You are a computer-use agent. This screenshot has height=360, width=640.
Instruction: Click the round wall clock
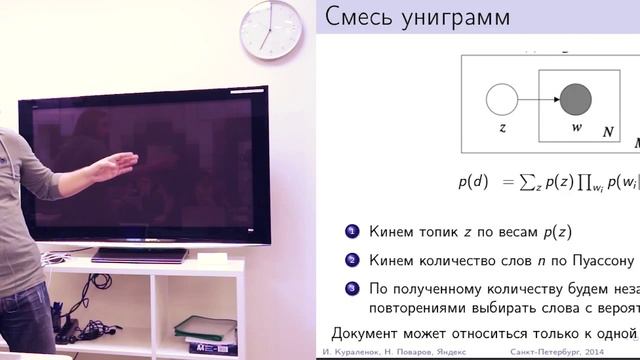(271, 28)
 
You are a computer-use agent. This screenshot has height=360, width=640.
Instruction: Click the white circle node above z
(501, 100)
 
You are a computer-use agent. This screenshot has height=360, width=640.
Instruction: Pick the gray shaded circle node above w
(576, 100)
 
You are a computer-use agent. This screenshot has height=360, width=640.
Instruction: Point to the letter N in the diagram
(607, 132)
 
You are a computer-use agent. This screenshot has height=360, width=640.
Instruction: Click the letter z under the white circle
(501, 129)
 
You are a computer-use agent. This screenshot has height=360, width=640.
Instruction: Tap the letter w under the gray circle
(576, 129)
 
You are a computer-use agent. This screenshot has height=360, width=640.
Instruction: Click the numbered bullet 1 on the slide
(351, 232)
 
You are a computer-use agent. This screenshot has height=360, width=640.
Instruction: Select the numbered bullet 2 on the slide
(351, 261)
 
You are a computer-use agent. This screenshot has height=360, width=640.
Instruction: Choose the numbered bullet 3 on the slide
(351, 289)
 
